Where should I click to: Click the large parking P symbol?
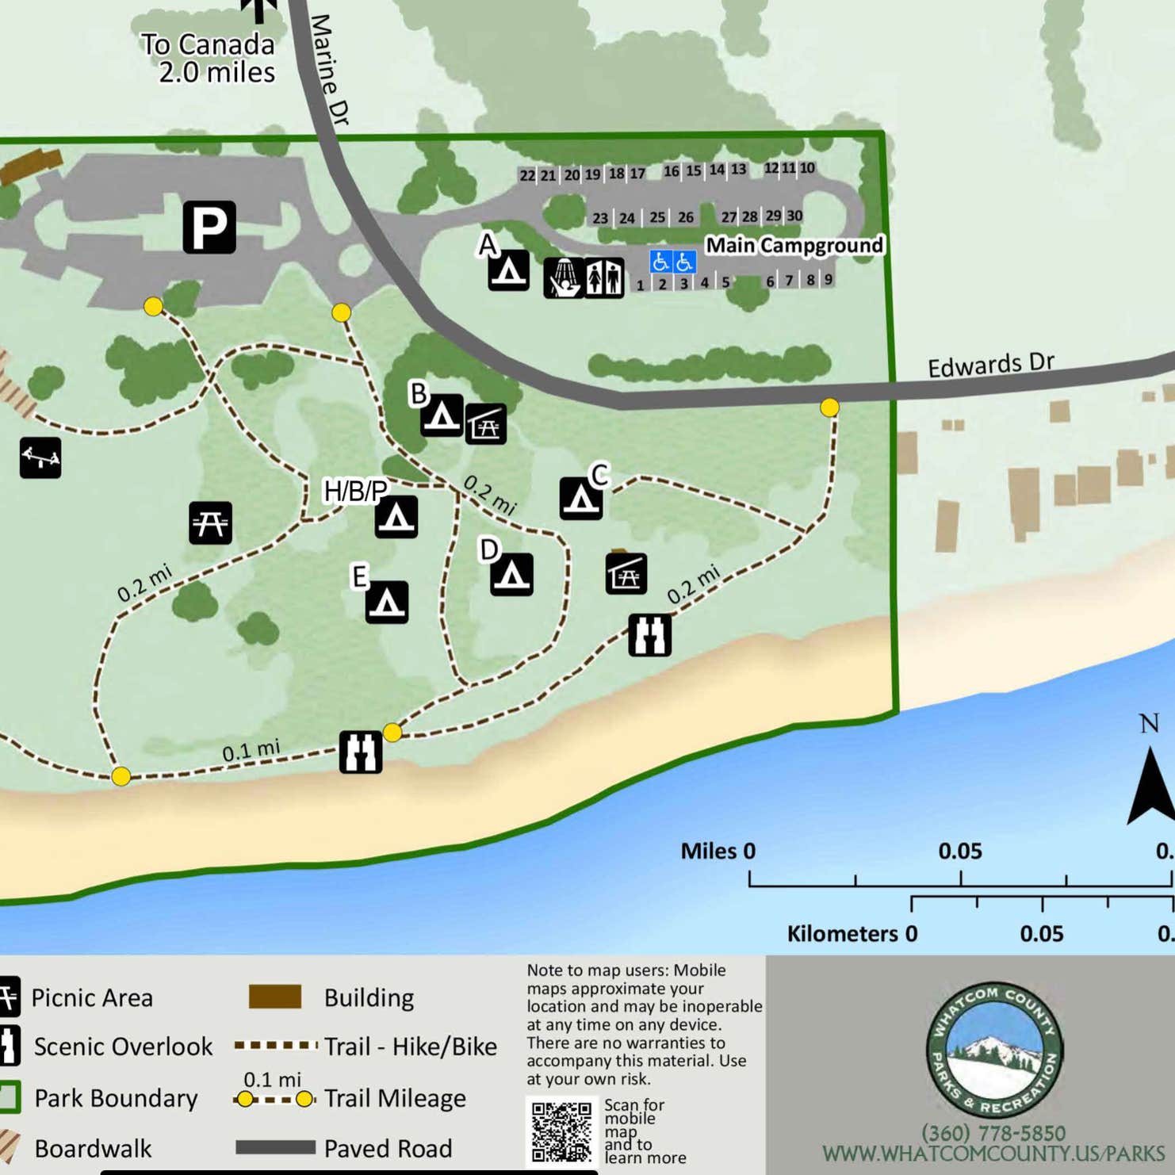[209, 228]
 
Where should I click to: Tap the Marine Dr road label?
[329, 70]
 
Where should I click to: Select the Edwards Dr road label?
[990, 365]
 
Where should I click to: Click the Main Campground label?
[794, 246]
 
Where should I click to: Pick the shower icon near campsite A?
[563, 277]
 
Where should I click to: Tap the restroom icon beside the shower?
[604, 277]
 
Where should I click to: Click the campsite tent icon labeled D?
[511, 574]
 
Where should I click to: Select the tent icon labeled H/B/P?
[396, 517]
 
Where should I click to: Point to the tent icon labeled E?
[387, 603]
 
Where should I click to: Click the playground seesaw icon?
[40, 457]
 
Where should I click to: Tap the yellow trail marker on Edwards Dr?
[829, 408]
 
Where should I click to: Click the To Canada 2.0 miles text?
[209, 58]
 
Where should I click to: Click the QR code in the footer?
[561, 1131]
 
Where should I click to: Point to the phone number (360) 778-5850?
[993, 1132]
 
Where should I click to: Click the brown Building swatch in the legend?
[274, 997]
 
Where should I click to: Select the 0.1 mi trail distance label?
[251, 751]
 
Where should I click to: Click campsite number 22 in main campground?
[527, 176]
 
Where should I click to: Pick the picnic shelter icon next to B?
[485, 424]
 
